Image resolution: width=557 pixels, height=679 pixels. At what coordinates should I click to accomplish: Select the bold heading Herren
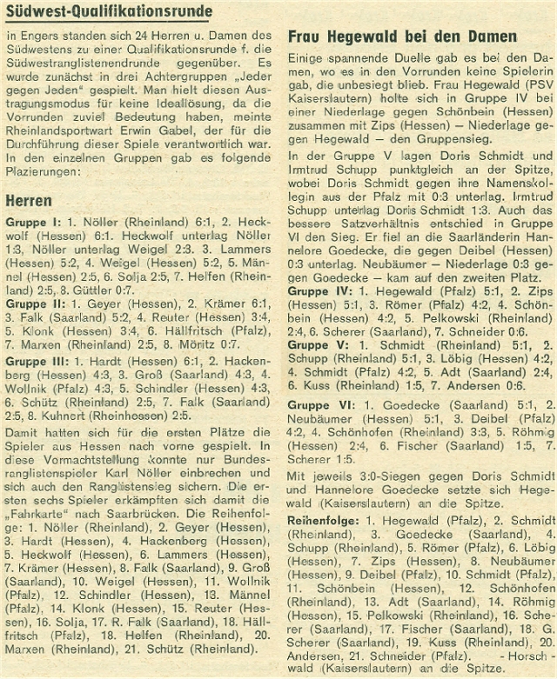[x=29, y=201]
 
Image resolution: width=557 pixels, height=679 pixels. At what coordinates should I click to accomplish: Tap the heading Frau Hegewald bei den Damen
[x=400, y=37]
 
